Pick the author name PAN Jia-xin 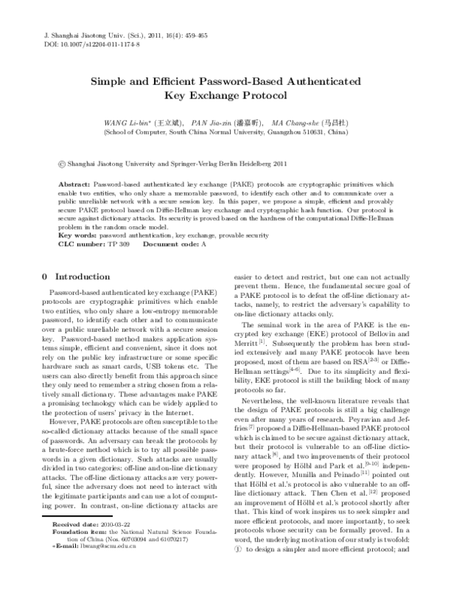click(x=213, y=121)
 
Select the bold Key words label click(x=78, y=236)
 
